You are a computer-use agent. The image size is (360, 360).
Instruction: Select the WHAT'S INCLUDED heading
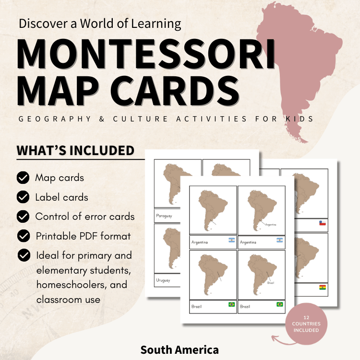[76, 151]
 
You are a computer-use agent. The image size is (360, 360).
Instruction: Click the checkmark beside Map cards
[23, 178]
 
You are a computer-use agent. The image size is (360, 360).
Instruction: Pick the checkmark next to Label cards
[23, 197]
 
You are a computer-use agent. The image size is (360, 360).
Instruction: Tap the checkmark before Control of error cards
[23, 216]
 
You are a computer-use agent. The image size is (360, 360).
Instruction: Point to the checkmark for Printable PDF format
[23, 236]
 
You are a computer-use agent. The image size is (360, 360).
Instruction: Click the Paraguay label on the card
[164, 216]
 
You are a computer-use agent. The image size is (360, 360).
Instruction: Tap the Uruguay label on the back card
[163, 280]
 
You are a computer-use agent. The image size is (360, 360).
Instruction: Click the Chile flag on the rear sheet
[324, 223]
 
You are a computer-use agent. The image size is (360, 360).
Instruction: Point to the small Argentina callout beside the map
[271, 224]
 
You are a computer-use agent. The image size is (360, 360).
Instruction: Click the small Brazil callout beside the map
[271, 283]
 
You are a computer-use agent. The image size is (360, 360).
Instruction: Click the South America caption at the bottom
[180, 349]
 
